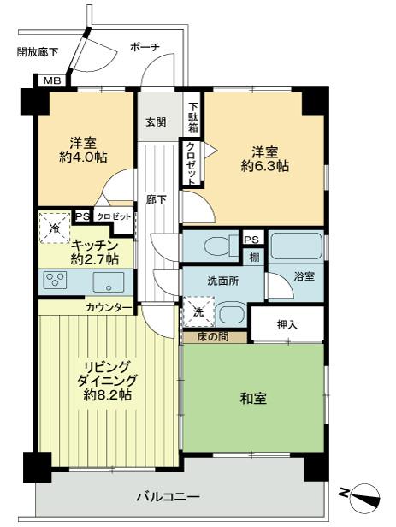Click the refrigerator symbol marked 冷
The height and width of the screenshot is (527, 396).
(54, 228)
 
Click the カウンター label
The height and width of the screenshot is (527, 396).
(109, 307)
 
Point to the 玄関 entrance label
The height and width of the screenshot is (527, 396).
(157, 121)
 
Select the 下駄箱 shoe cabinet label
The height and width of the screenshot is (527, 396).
(194, 111)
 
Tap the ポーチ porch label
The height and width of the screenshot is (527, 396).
(145, 47)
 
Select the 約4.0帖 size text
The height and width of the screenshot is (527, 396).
(84, 157)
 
